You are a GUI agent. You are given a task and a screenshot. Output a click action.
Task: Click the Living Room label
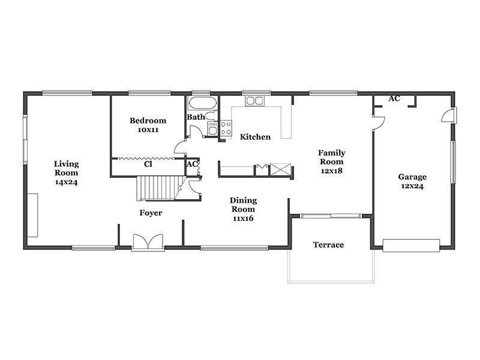pyautogui.click(x=67, y=173)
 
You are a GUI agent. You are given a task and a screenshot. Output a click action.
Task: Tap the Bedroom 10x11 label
pyautogui.click(x=148, y=125)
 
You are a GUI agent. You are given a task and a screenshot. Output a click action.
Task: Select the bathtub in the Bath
pyautogui.click(x=202, y=103)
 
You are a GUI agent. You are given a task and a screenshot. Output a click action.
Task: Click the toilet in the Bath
pyautogui.click(x=211, y=116)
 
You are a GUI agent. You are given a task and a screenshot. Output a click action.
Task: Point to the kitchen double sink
pyautogui.click(x=254, y=101)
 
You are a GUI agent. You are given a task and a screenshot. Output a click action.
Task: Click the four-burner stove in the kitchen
pyautogui.click(x=226, y=128)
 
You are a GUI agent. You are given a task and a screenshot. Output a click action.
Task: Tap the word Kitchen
pyautogui.click(x=255, y=137)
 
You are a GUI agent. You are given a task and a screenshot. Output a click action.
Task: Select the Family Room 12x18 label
pyautogui.click(x=332, y=161)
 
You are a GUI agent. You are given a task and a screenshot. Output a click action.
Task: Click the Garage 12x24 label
pyautogui.click(x=412, y=181)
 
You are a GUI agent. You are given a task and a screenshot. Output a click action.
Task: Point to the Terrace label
pyautogui.click(x=328, y=245)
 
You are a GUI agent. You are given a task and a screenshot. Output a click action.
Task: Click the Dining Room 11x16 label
pyautogui.click(x=243, y=209)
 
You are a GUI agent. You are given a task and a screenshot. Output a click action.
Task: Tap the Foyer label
pyautogui.click(x=151, y=213)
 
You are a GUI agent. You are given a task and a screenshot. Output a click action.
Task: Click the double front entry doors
pyautogui.click(x=148, y=242)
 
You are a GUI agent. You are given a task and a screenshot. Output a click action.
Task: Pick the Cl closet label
pyautogui.click(x=148, y=164)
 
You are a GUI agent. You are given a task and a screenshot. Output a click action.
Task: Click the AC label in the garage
pyautogui.click(x=394, y=98)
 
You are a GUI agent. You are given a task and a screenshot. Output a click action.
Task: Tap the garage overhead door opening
pyautogui.click(x=411, y=246)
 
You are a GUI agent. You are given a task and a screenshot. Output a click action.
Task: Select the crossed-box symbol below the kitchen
pyautogui.click(x=280, y=170)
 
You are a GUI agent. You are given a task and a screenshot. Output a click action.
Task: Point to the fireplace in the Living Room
pyautogui.click(x=32, y=215)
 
